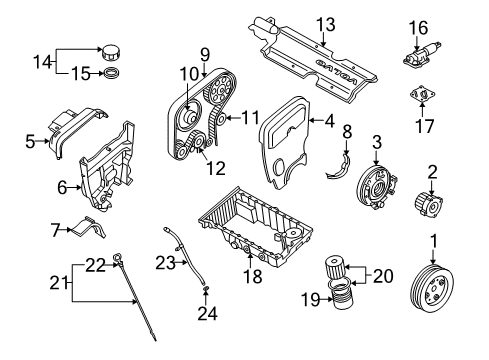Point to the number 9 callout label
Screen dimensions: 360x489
[x=203, y=55]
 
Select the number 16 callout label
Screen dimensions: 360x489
[x=417, y=27]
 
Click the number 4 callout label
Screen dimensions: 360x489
[x=330, y=122]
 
